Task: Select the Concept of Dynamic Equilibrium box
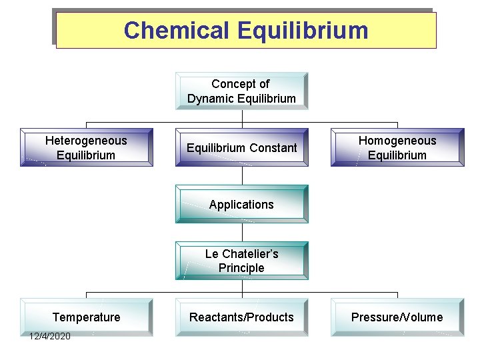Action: (x=241, y=91)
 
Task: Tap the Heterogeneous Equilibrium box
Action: (x=86, y=147)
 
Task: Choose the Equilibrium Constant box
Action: (x=241, y=147)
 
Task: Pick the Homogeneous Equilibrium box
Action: (x=397, y=147)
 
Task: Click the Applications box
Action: (x=241, y=204)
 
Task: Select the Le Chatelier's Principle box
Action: (x=241, y=261)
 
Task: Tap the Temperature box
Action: (x=86, y=317)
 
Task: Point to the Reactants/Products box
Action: (x=241, y=317)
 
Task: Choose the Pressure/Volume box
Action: (x=397, y=317)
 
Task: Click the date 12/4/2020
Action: (x=49, y=336)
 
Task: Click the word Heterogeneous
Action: (x=86, y=141)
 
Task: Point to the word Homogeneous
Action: (x=397, y=141)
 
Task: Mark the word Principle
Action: (x=241, y=268)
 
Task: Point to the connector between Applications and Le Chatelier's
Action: (x=241, y=232)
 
